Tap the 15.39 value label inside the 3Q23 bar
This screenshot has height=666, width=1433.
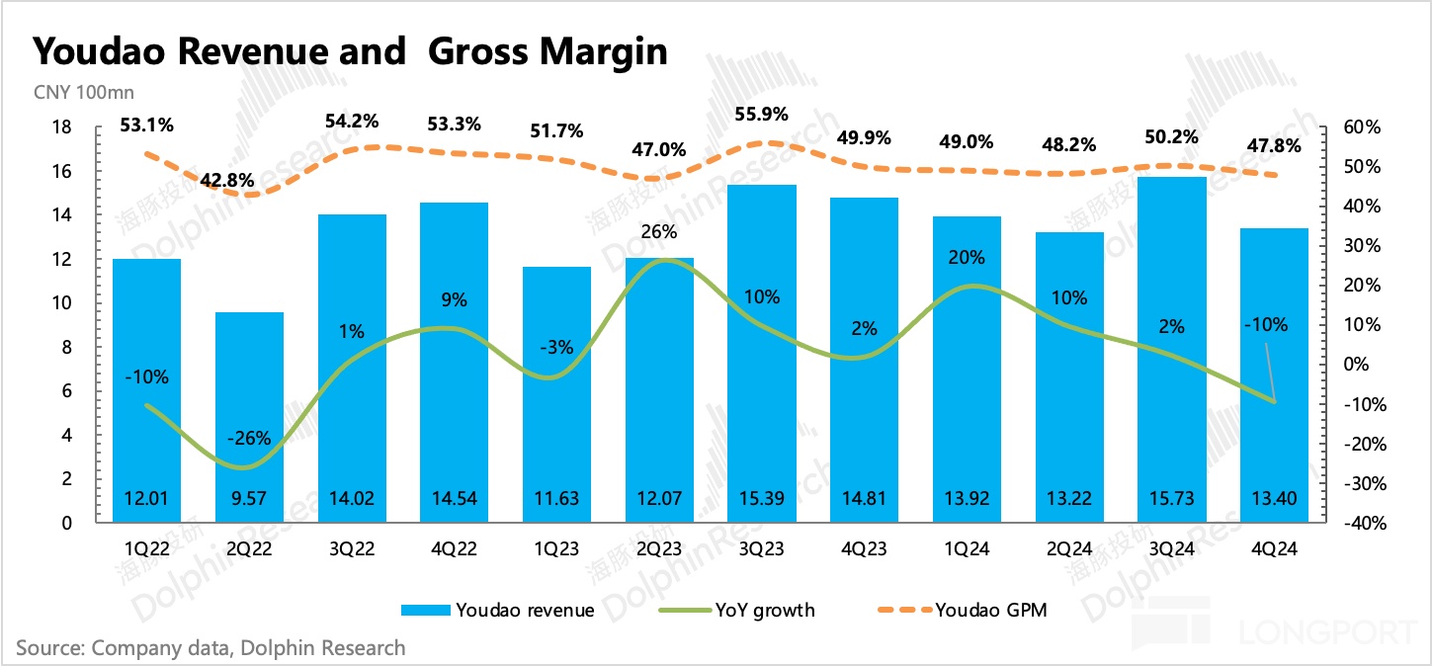[762, 498]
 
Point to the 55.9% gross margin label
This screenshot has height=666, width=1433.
[762, 115]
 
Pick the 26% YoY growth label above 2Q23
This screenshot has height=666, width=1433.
[659, 232]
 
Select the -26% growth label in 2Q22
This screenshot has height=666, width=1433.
[249, 438]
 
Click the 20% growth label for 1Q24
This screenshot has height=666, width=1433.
[967, 258]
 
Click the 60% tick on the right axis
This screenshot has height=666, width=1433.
[1360, 127]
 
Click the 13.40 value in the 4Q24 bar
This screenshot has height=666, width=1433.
[1275, 498]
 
